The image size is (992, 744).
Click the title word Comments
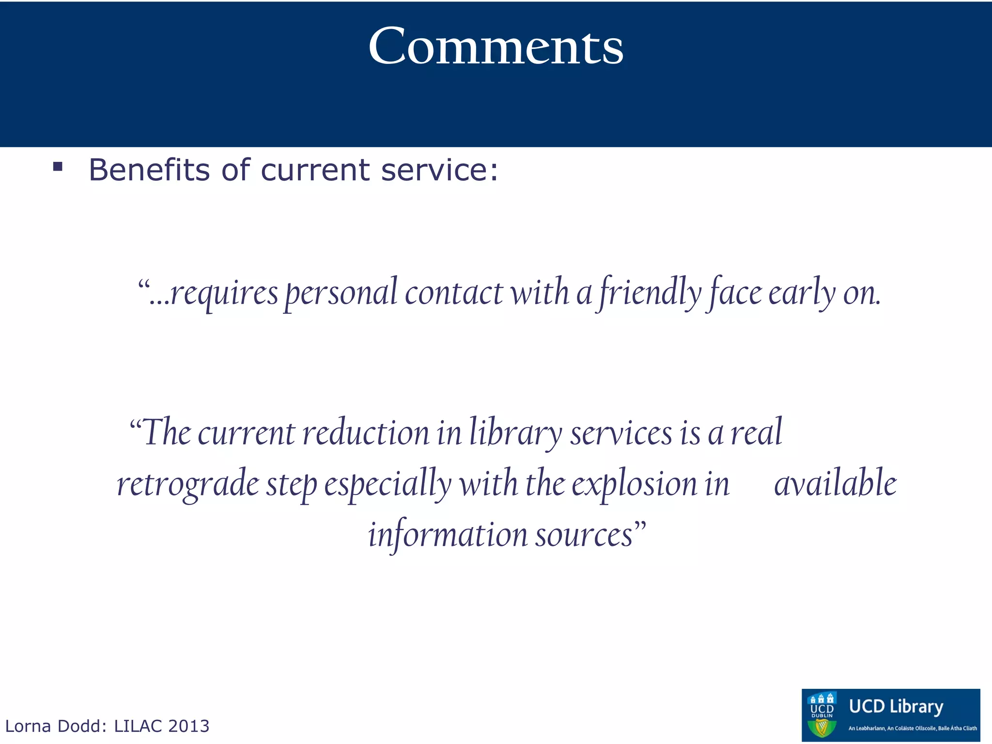[x=496, y=46]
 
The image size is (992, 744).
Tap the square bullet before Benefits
[x=58, y=167]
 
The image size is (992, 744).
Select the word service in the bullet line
[x=439, y=170]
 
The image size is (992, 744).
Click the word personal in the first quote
[x=341, y=293]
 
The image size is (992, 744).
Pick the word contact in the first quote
[x=454, y=293]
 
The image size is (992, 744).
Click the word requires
[x=224, y=293]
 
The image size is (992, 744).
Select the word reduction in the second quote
[x=366, y=433]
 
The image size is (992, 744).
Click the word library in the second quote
[x=515, y=433]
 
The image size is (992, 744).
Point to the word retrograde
[x=188, y=483]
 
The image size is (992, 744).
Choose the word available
[x=836, y=483]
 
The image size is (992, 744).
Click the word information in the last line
[x=448, y=535]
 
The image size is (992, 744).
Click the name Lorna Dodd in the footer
[x=55, y=726]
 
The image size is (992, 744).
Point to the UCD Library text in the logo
[x=896, y=707]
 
